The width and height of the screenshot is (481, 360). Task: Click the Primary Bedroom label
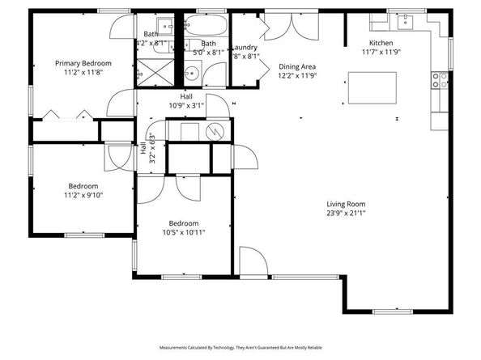(x=83, y=62)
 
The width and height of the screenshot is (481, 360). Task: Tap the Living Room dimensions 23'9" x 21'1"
(x=346, y=214)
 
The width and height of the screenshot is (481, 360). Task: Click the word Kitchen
(x=381, y=42)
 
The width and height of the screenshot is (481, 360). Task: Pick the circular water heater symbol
(x=215, y=131)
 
